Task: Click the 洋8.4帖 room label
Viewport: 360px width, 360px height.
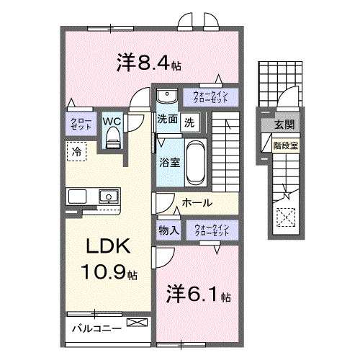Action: [148, 63]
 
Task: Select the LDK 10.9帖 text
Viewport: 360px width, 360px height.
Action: [107, 259]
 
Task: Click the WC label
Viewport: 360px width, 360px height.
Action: [111, 121]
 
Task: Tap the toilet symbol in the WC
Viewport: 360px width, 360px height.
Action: [112, 140]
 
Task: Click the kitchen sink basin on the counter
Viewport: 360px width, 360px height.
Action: [108, 196]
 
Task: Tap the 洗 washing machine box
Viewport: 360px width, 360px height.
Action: [189, 121]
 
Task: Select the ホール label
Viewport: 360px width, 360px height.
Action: [197, 203]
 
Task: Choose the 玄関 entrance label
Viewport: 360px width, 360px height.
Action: [283, 125]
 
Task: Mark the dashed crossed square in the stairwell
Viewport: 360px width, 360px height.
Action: [285, 215]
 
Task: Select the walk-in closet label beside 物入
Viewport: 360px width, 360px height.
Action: [211, 230]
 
